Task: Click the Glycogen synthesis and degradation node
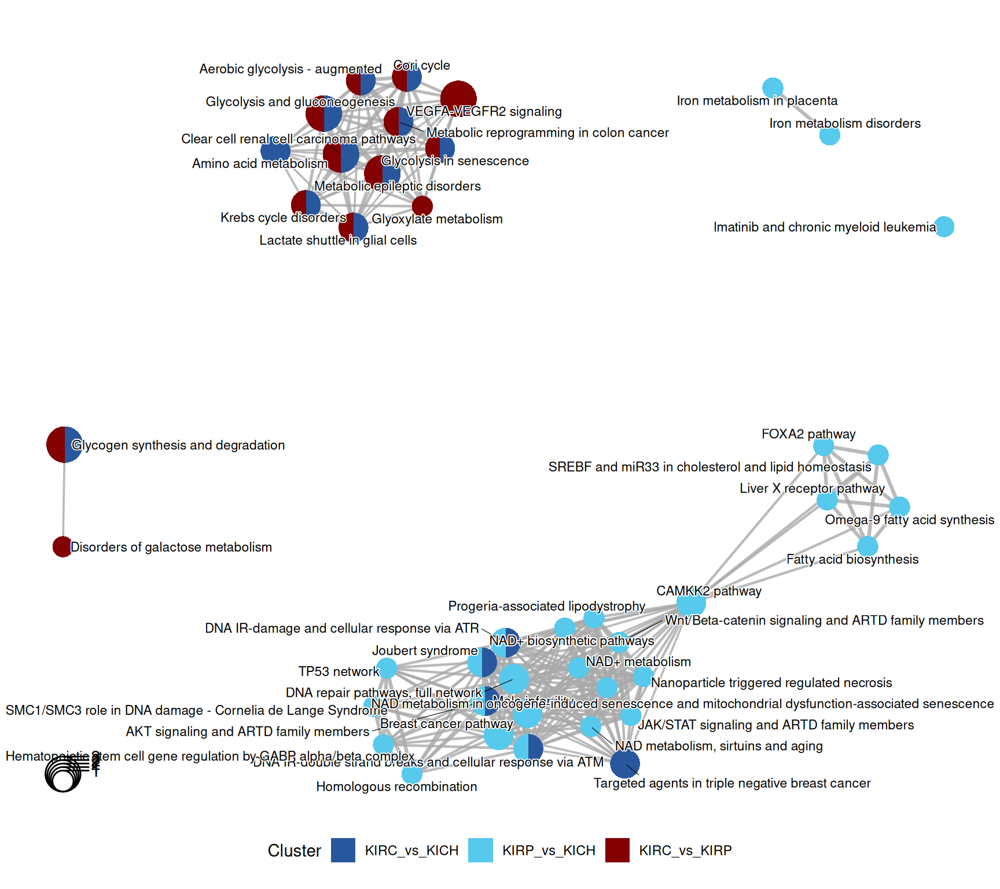[64, 444]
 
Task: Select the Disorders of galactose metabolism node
[62, 546]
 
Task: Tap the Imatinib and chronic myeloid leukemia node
[944, 226]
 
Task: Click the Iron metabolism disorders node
[829, 135]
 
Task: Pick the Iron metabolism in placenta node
[773, 88]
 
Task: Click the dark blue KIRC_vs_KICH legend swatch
[343, 850]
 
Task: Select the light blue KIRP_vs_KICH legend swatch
[480, 850]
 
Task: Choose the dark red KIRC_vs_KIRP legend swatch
[617, 850]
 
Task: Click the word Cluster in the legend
[294, 850]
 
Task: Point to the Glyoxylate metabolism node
[422, 205]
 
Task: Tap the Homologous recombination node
[411, 773]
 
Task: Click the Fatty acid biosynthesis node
[867, 546]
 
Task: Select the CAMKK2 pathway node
[691, 604]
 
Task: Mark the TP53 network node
[387, 668]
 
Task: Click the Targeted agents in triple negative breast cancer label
[731, 783]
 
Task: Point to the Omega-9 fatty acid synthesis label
[909, 520]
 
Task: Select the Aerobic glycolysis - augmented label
[290, 69]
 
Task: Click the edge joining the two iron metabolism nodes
[801, 112]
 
